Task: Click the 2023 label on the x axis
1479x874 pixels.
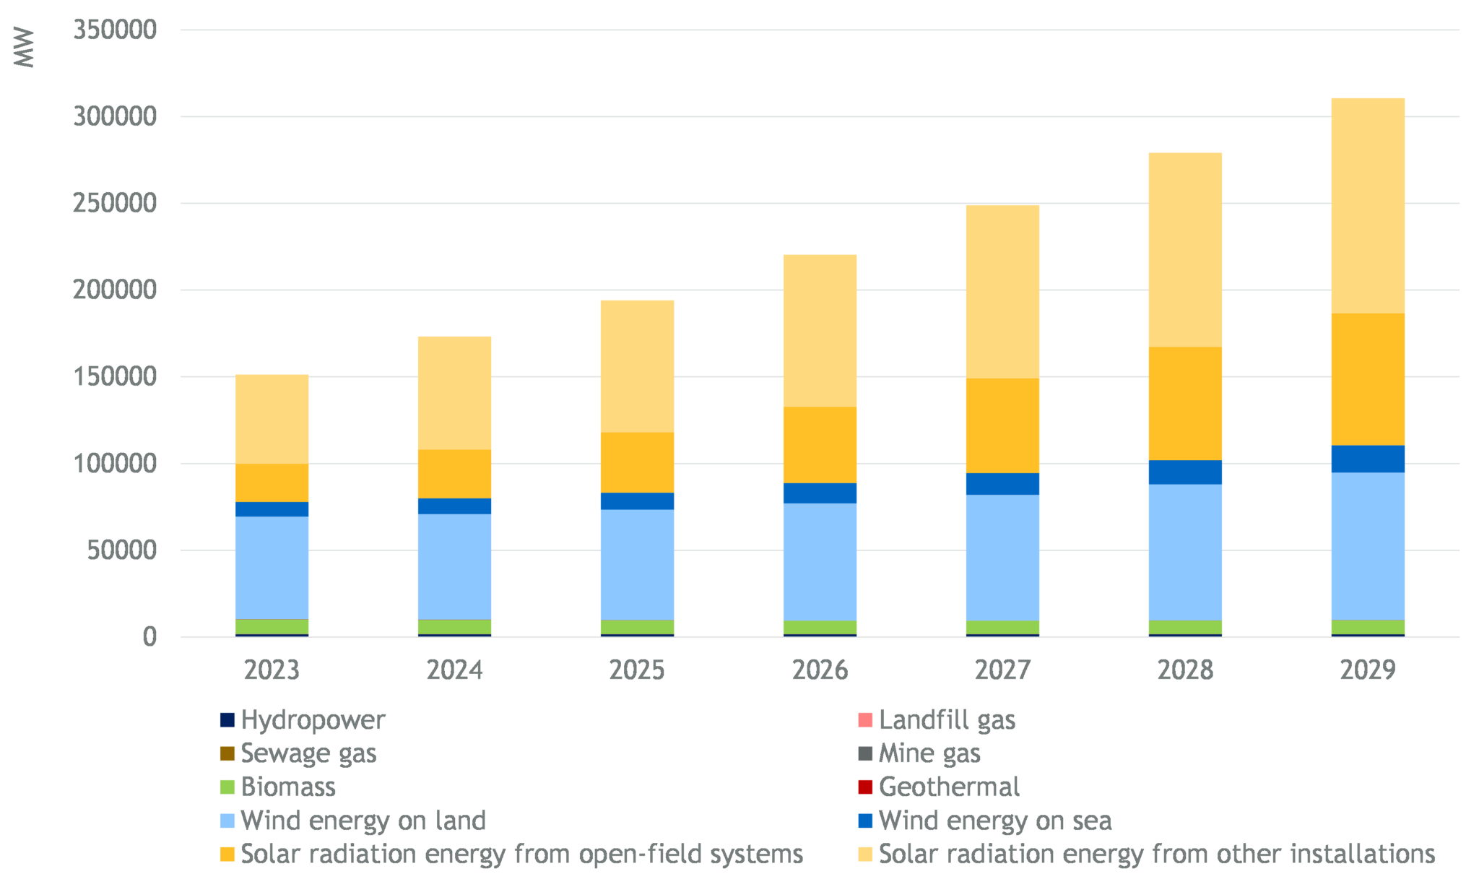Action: pos(271,670)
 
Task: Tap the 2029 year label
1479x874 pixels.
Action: pos(1368,670)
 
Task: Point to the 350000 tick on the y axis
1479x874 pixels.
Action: pos(115,30)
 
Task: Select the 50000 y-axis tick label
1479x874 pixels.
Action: pos(122,550)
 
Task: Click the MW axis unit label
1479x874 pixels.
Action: pos(24,48)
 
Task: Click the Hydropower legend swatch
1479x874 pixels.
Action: pos(227,720)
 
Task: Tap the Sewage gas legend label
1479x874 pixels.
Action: pos(308,753)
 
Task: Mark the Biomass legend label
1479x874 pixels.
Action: pos(288,787)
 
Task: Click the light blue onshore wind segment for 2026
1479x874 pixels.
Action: pos(820,562)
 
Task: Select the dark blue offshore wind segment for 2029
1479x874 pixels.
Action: pos(1368,459)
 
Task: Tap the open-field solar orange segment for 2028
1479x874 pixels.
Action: pos(1185,403)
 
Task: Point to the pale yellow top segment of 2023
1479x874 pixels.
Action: pos(272,419)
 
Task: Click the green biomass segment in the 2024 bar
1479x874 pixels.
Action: pos(454,627)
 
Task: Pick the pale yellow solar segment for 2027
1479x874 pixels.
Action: pos(1002,291)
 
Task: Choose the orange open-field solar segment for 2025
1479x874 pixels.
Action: pos(637,462)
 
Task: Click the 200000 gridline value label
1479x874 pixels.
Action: pos(115,290)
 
